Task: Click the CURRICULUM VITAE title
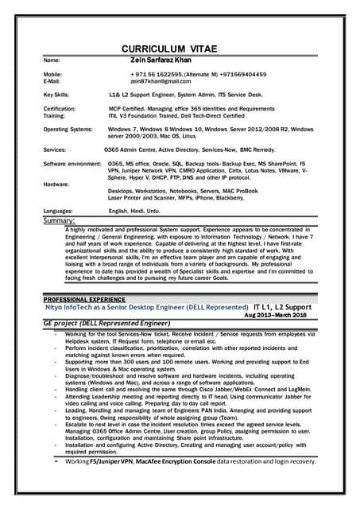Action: (180, 46)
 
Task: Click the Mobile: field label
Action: (52, 74)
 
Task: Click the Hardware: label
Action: (56, 184)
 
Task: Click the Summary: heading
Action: (59, 220)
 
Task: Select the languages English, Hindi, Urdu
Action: (134, 211)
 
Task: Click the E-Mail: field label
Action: (52, 81)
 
